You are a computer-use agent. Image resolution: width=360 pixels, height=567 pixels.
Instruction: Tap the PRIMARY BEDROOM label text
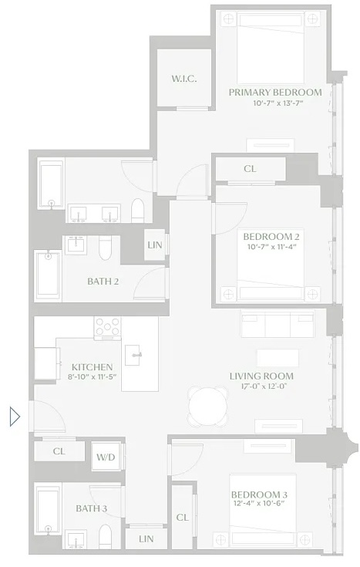click(x=275, y=93)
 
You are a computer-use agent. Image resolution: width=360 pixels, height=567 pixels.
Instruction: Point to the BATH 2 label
click(x=103, y=282)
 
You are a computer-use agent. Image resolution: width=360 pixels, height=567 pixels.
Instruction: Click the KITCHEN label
click(x=93, y=367)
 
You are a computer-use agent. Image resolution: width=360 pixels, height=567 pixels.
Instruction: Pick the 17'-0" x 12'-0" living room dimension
click(x=261, y=386)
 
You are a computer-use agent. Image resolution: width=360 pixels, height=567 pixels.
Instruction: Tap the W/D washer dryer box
click(x=105, y=457)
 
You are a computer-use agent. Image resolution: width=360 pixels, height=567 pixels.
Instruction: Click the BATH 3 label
click(x=91, y=508)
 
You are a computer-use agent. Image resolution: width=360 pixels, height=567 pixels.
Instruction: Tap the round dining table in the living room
click(x=209, y=403)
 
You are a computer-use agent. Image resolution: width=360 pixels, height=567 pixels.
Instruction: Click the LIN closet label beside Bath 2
click(x=154, y=246)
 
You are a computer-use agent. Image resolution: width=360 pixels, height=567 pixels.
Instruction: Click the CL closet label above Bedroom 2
click(x=250, y=169)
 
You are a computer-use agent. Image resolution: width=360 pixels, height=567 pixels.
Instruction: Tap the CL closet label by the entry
click(x=59, y=451)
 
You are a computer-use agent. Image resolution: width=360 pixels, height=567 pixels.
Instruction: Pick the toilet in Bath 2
click(x=108, y=246)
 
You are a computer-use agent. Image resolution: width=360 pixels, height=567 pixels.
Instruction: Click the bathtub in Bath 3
click(x=47, y=510)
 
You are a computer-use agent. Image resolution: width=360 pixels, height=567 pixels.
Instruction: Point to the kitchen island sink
click(x=136, y=356)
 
